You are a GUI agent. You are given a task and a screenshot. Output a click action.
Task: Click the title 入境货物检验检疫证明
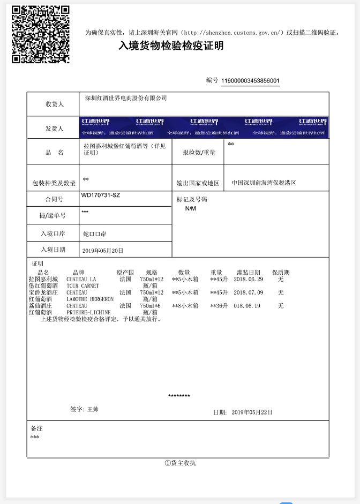click(x=171, y=47)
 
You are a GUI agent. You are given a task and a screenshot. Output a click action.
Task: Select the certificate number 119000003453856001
click(x=250, y=81)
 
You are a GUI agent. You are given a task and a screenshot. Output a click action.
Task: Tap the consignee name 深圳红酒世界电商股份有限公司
click(x=126, y=99)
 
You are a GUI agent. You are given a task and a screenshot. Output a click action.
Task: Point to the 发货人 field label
click(x=55, y=129)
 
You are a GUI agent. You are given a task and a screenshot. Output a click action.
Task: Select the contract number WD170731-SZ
click(x=101, y=195)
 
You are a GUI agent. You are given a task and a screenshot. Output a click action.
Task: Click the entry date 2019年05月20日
click(x=103, y=250)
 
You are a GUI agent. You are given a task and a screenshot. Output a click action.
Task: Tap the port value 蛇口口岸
click(x=95, y=234)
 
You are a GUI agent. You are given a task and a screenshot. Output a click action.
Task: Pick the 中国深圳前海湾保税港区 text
click(x=264, y=183)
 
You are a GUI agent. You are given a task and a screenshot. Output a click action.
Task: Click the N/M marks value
click(x=191, y=208)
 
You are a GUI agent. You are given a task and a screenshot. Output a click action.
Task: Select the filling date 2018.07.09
click(x=249, y=293)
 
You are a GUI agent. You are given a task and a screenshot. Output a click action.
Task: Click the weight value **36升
click(x=219, y=306)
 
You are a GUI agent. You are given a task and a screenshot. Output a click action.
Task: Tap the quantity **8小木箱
click(x=185, y=306)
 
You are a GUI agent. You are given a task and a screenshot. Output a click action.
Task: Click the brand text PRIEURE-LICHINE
click(x=88, y=312)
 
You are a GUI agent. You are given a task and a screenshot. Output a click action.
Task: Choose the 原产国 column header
click(x=125, y=273)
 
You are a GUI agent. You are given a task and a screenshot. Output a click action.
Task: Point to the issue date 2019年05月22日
click(x=252, y=412)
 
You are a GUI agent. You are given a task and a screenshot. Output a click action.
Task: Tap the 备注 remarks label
click(x=36, y=428)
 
